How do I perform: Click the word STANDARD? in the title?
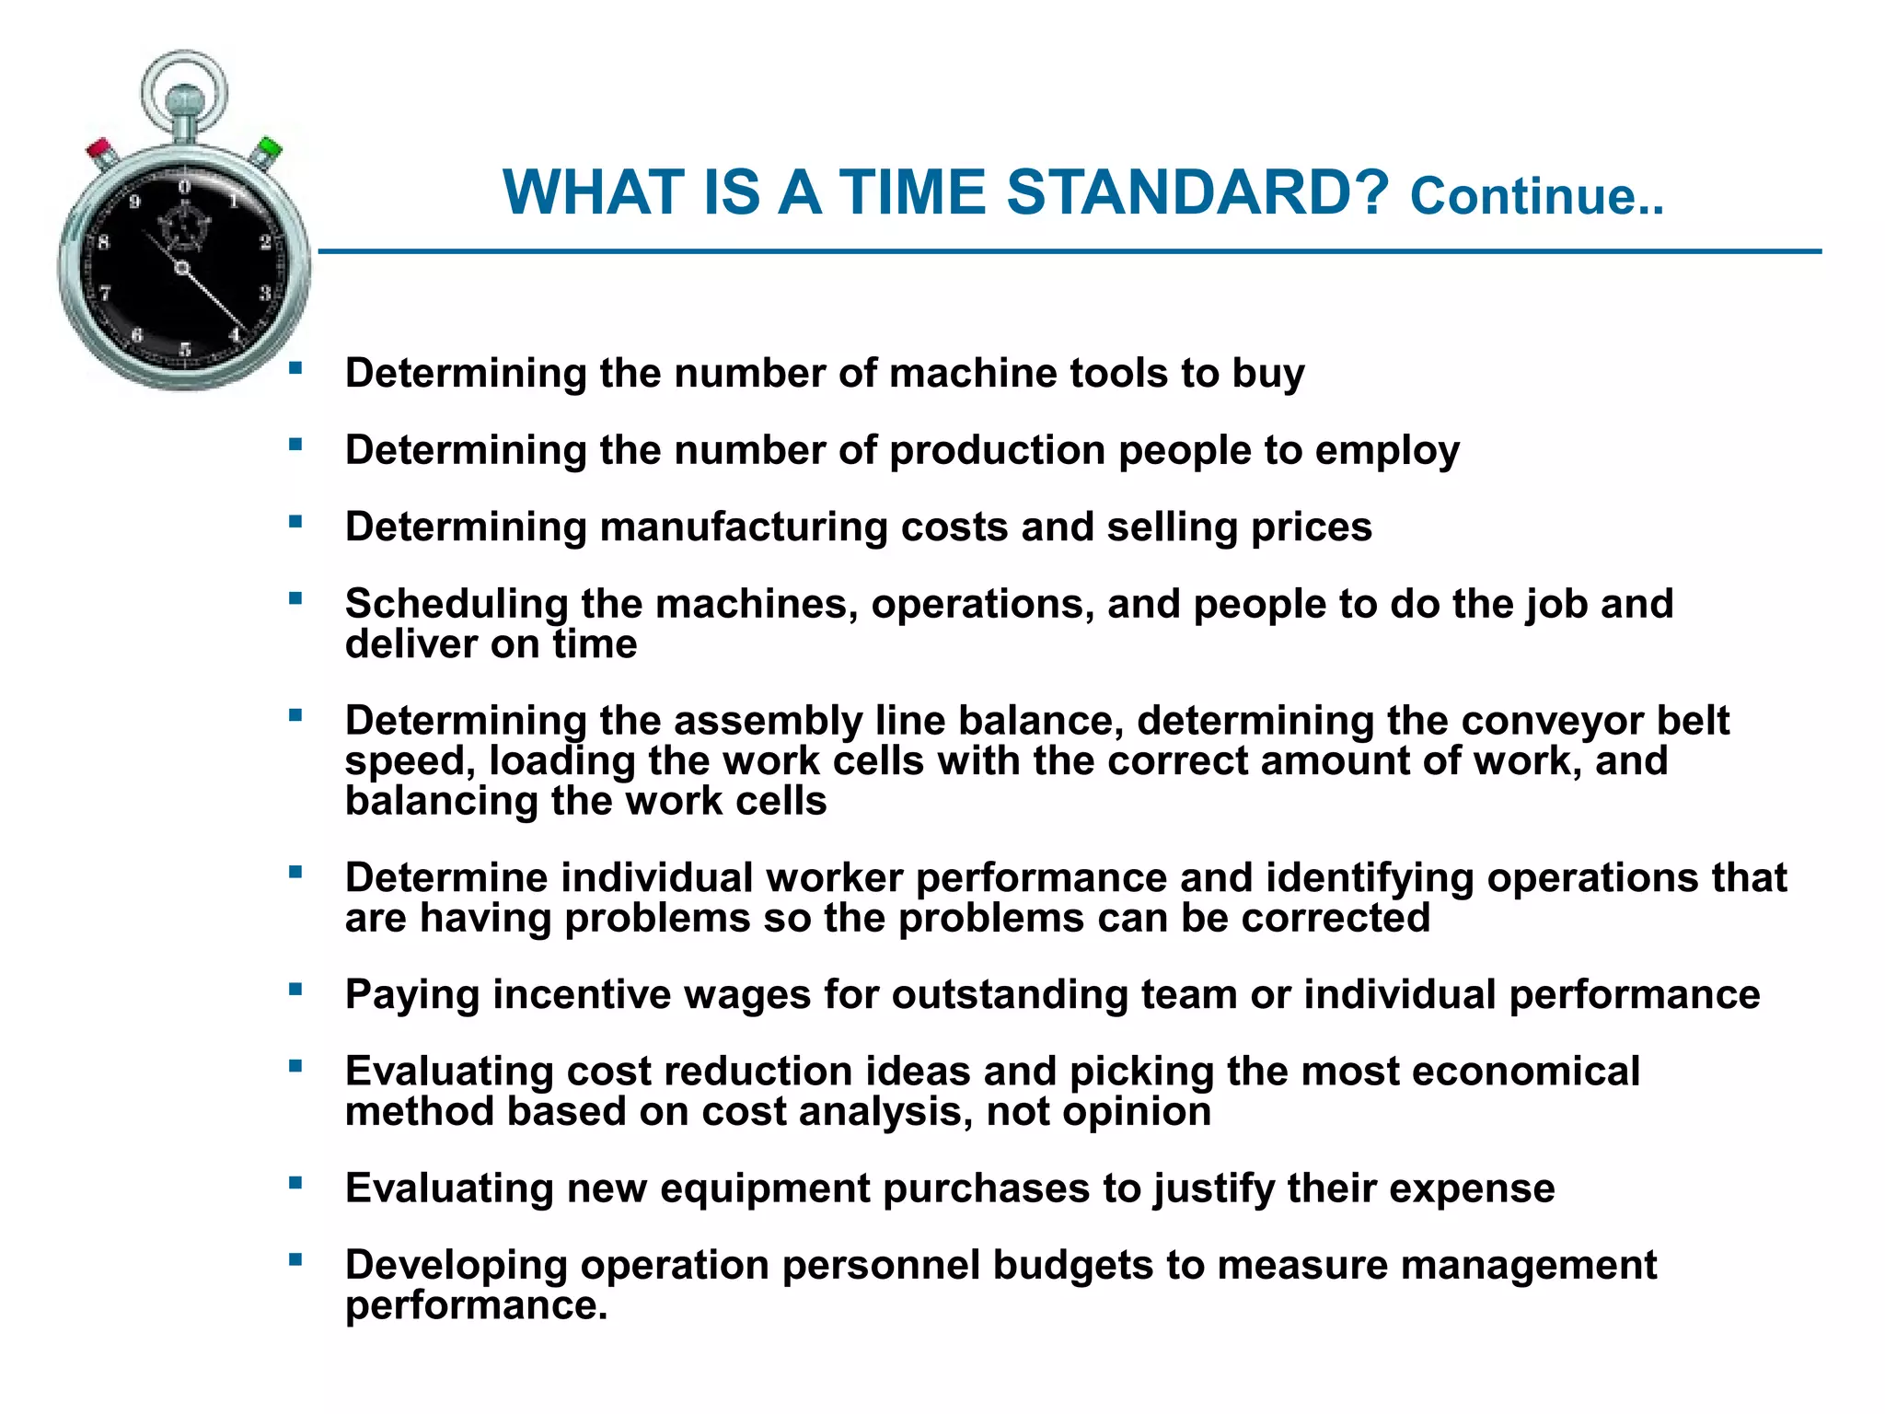pyautogui.click(x=1197, y=193)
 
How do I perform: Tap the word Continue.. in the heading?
pyautogui.click(x=1536, y=197)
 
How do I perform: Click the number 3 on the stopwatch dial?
pyautogui.click(x=264, y=293)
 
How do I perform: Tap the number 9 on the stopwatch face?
pyautogui.click(x=135, y=202)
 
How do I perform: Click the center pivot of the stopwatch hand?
pyautogui.click(x=181, y=268)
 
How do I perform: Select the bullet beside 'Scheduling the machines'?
pyautogui.click(x=295, y=599)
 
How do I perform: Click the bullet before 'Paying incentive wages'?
pyautogui.click(x=295, y=991)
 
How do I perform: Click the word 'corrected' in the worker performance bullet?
pyautogui.click(x=1336, y=919)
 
